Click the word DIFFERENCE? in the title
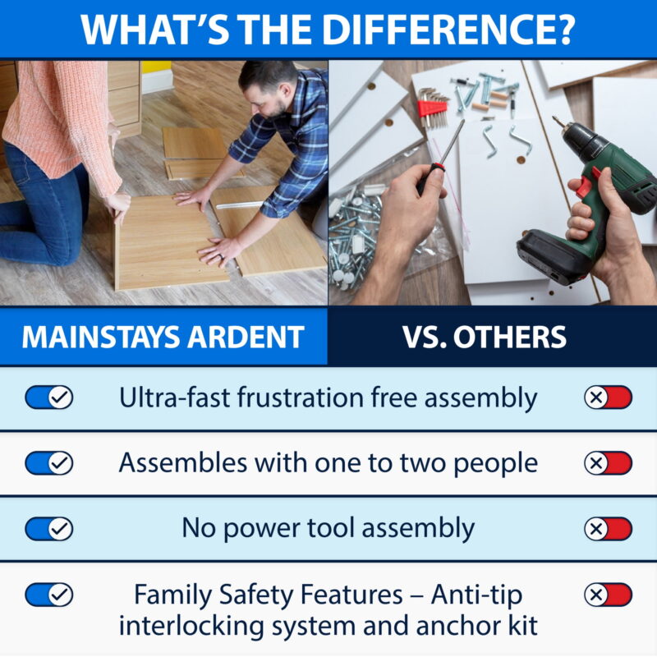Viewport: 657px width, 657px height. (448, 29)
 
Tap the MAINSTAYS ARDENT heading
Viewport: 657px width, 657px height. (163, 337)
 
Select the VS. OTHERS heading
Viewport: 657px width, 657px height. (485, 337)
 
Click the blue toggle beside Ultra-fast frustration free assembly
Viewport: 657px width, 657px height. (49, 397)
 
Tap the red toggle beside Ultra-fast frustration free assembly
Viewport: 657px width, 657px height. (608, 397)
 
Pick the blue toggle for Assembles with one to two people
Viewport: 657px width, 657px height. (49, 463)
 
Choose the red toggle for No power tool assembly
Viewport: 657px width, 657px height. (608, 529)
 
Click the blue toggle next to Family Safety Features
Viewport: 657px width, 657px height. (49, 595)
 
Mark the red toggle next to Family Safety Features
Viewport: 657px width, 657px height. (608, 595)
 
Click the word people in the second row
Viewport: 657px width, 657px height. (496, 465)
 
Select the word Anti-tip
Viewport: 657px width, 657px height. (477, 595)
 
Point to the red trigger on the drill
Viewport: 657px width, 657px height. (586, 183)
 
